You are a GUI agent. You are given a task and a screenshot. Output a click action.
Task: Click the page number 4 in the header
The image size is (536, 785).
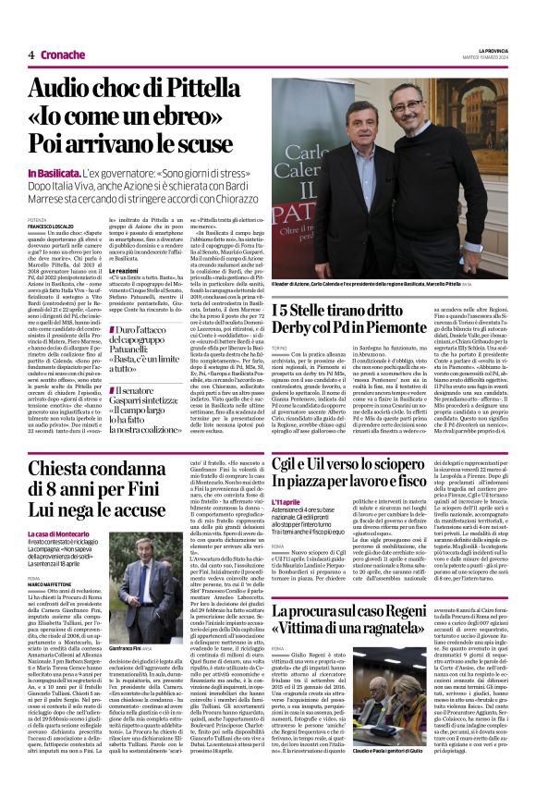(x=30, y=55)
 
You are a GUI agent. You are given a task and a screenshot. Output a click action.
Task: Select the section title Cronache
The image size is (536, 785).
(x=61, y=55)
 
